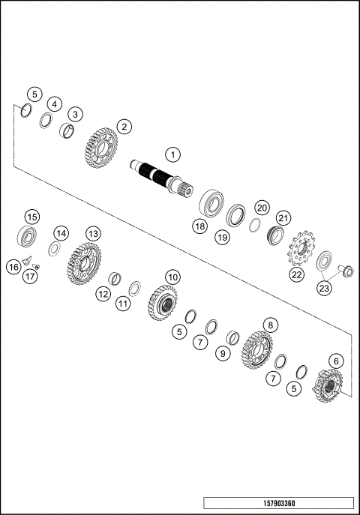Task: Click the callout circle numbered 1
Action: click(172, 155)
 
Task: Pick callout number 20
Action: click(262, 207)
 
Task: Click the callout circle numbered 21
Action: click(282, 217)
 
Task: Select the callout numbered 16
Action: click(13, 266)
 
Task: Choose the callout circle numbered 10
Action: click(172, 277)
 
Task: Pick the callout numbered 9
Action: click(221, 353)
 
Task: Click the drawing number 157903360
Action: click(278, 502)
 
